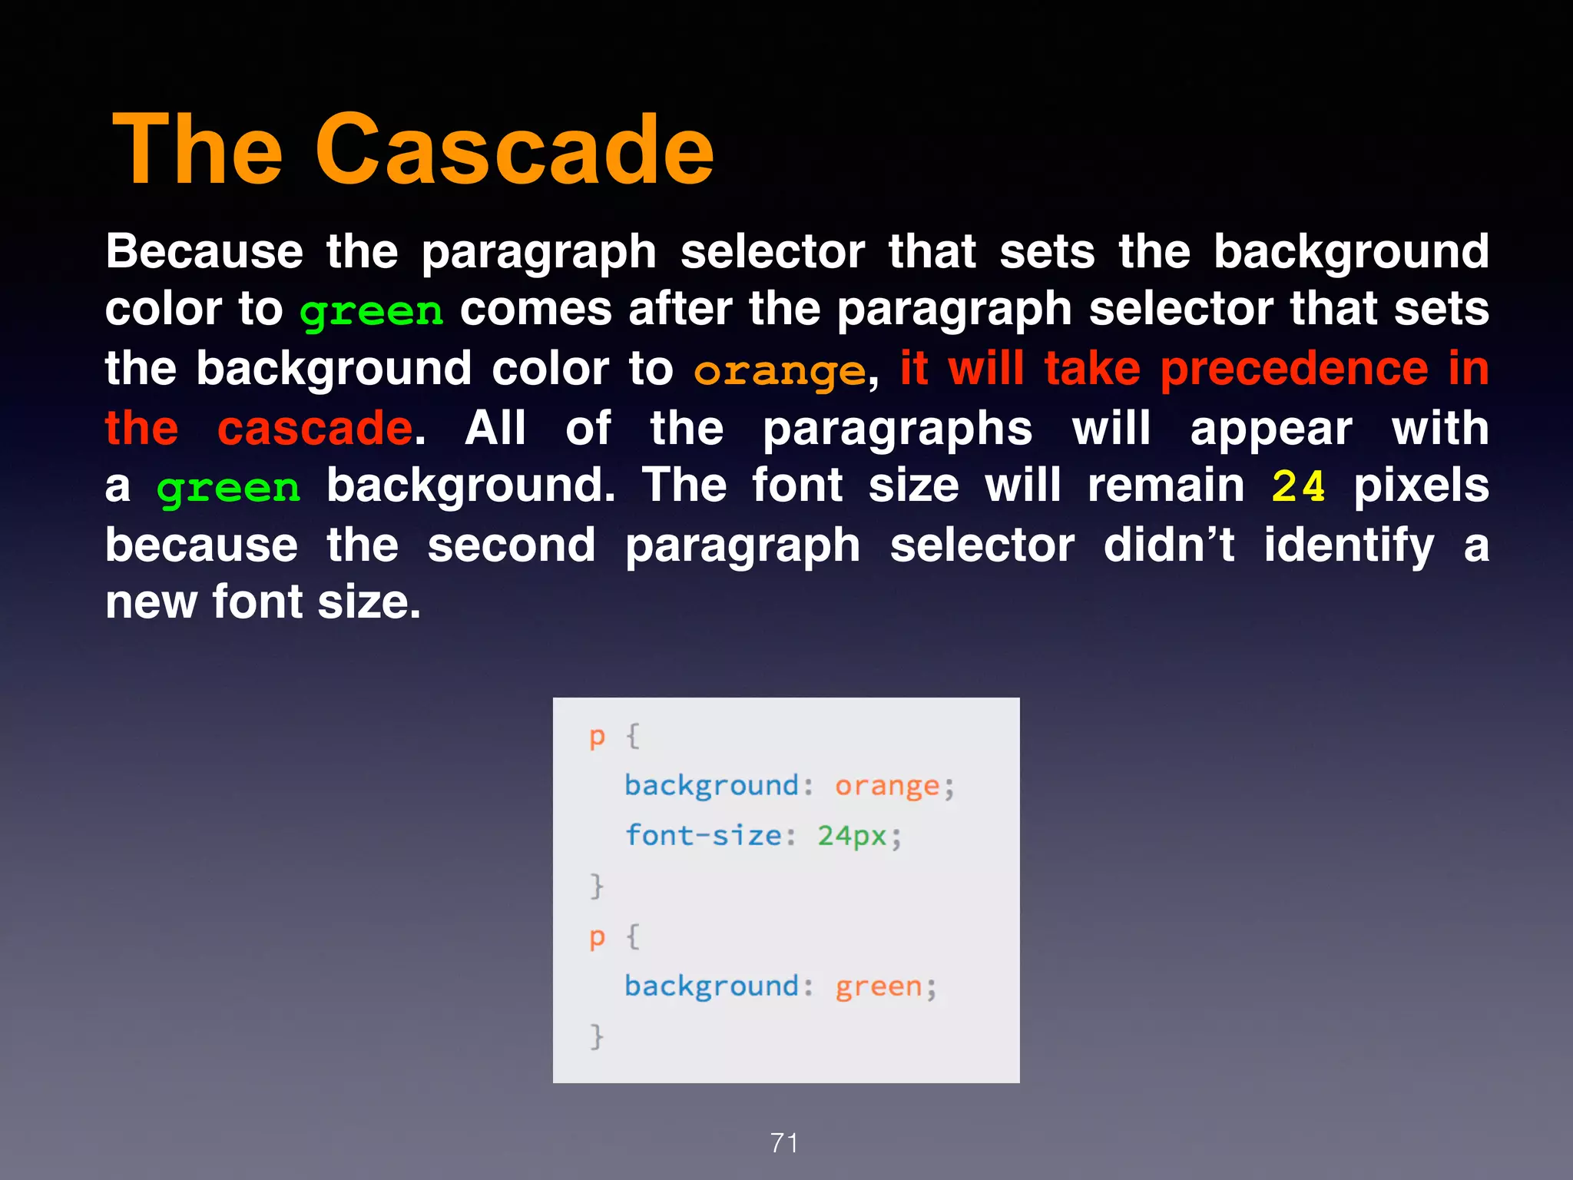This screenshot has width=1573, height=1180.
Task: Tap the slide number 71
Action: [x=784, y=1143]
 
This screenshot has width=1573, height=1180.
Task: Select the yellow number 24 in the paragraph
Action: [x=1298, y=486]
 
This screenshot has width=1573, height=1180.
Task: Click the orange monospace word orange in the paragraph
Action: [x=780, y=371]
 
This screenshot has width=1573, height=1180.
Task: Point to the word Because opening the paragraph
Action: [x=204, y=251]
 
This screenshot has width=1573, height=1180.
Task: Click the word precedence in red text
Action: [x=1294, y=369]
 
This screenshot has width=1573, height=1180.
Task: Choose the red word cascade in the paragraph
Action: [x=315, y=428]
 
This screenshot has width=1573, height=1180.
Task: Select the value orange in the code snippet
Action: [x=887, y=786]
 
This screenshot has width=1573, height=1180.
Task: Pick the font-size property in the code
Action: [x=703, y=835]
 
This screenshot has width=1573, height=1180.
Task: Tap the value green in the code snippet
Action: [x=879, y=986]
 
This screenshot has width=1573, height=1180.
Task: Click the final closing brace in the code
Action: [x=597, y=1036]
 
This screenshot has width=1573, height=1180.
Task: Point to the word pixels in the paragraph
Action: [x=1421, y=486]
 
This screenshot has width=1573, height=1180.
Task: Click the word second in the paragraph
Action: [x=512, y=545]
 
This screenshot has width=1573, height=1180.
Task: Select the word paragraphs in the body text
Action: [x=897, y=429]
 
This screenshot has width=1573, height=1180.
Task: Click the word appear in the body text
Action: [x=1271, y=429]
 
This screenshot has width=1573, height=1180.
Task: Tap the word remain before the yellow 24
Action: [x=1166, y=486]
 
